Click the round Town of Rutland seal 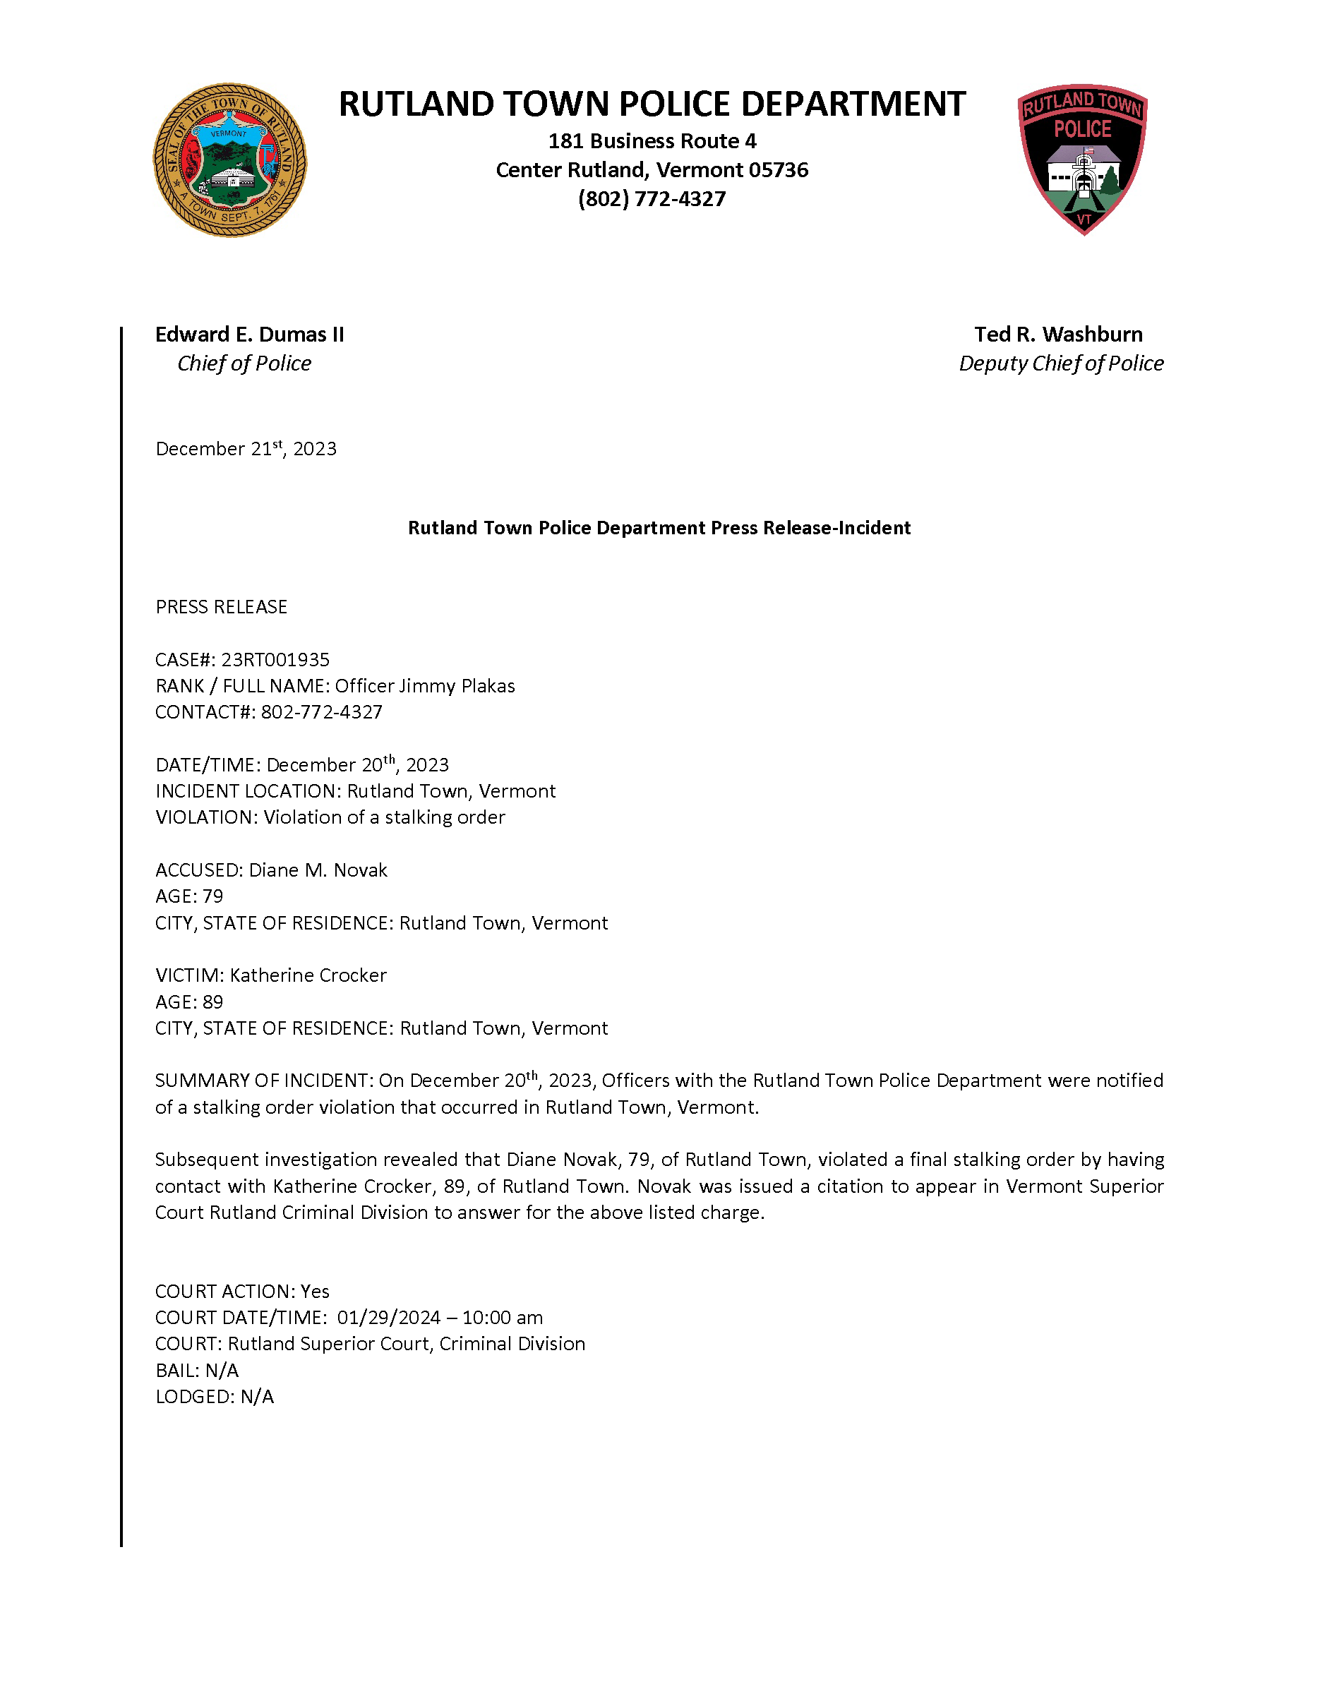pos(230,160)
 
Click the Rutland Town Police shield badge pos(1082,159)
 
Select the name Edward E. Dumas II pos(249,335)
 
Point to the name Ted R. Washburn pos(1058,335)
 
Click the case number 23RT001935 pos(275,660)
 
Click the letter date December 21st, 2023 pos(246,449)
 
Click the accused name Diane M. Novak pos(318,870)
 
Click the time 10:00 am pos(503,1318)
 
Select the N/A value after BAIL pos(222,1371)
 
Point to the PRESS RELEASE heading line pos(222,607)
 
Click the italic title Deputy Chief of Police pos(1060,363)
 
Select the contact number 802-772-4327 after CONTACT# pos(321,712)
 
